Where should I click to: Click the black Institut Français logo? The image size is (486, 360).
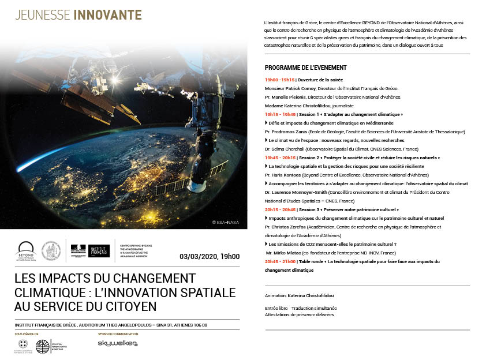point(99,250)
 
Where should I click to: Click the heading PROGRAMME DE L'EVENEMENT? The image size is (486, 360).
point(305,67)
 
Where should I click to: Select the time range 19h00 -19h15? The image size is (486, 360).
point(280,80)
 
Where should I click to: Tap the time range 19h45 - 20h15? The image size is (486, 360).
point(280,157)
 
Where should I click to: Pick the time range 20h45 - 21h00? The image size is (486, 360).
point(280,261)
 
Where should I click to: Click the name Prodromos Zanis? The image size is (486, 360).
point(286,132)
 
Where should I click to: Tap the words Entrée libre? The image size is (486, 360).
point(276,308)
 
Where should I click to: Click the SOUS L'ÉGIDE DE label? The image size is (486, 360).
point(27,333)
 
